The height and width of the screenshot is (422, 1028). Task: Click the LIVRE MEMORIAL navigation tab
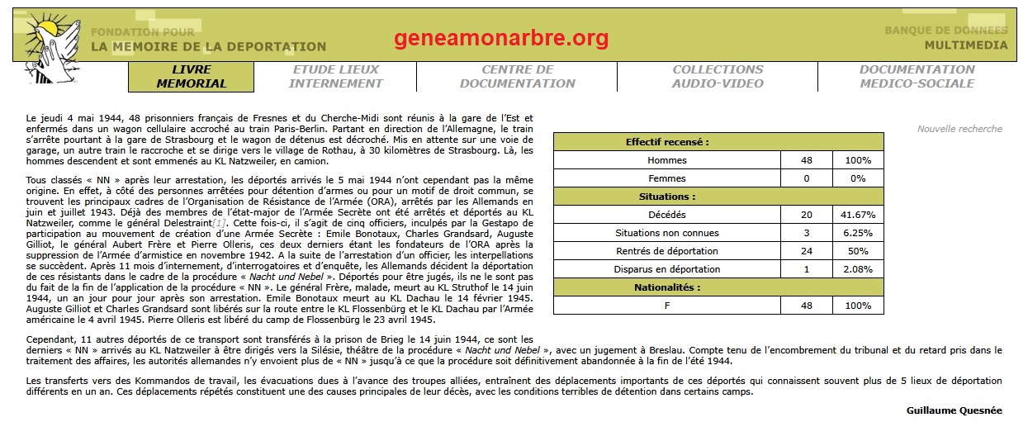click(x=191, y=77)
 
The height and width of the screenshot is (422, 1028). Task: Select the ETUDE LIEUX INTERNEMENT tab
click(x=335, y=77)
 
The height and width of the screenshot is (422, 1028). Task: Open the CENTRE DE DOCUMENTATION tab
click(x=518, y=77)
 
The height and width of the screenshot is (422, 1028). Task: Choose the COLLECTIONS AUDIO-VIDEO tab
click(x=718, y=77)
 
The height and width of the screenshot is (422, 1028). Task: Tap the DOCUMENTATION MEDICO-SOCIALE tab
click(x=917, y=77)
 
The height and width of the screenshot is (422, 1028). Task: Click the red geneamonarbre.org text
click(x=501, y=38)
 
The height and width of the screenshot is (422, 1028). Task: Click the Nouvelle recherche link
click(x=959, y=129)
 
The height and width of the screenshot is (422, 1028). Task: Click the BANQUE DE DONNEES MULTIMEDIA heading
click(x=946, y=38)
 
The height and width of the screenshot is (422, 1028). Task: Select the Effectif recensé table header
click(x=667, y=142)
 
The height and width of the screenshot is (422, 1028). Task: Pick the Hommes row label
click(x=667, y=160)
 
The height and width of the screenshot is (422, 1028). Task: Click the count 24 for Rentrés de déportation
click(x=806, y=251)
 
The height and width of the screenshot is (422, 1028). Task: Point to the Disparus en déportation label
click(x=667, y=269)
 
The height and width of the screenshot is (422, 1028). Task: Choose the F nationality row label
click(x=667, y=306)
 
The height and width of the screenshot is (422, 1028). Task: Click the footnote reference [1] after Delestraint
click(x=218, y=224)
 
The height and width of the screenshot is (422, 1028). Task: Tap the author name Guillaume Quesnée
click(x=954, y=410)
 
